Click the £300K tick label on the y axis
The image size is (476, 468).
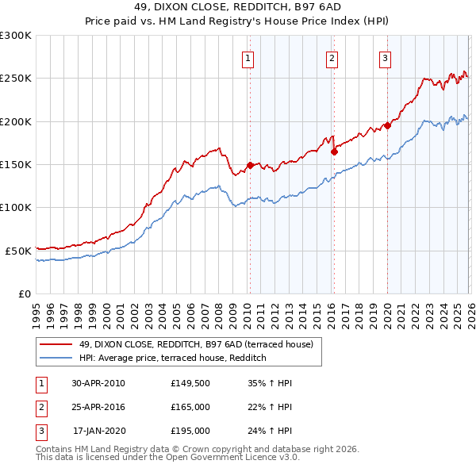point(15,36)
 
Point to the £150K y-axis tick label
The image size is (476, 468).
point(15,164)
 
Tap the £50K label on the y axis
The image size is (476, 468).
point(17,250)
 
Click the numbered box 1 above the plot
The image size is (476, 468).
point(248,58)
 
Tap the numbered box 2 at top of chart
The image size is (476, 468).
point(331,58)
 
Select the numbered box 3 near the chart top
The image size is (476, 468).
point(385,58)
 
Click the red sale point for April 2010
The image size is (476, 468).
point(250,165)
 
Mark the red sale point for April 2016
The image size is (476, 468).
point(334,152)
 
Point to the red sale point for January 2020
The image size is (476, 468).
point(387,125)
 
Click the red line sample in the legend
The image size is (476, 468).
point(56,344)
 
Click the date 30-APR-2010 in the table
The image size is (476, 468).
point(98,382)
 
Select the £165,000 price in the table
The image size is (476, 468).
point(190,407)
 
